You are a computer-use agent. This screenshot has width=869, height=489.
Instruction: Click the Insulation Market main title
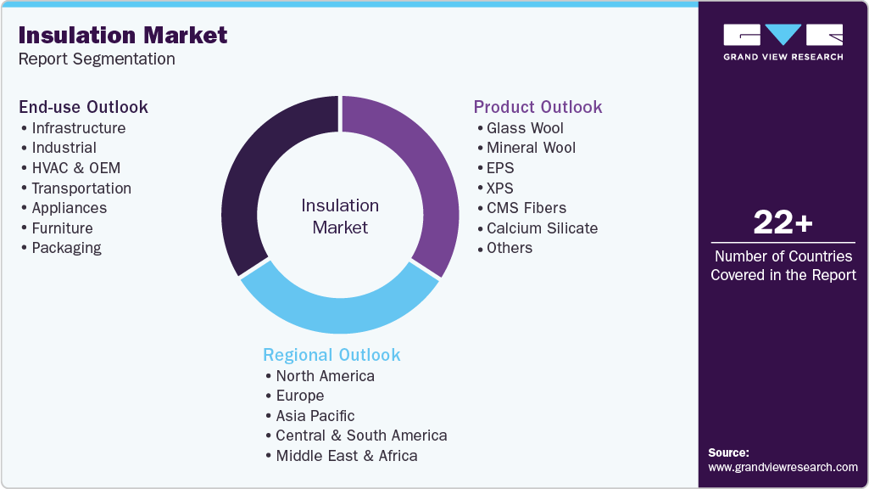coord(123,35)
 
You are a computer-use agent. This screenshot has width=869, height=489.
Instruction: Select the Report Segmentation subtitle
coord(97,59)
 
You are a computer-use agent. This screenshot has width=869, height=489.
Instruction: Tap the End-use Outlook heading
coord(84,107)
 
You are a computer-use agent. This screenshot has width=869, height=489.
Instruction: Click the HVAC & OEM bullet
coord(75,168)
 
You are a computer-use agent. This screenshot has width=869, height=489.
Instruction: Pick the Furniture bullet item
coord(62,228)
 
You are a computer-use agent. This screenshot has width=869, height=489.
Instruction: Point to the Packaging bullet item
coord(66,248)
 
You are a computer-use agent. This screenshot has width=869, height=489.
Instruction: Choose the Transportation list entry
coord(81,188)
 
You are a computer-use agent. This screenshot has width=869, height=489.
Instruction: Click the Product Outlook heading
coord(538,107)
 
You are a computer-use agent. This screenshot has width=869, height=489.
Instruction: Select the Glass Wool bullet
coord(525,128)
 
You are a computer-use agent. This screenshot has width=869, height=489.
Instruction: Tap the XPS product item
coord(499,188)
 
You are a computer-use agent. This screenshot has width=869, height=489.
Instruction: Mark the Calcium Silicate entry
coord(542,228)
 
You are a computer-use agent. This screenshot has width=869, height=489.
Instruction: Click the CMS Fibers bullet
coord(526,208)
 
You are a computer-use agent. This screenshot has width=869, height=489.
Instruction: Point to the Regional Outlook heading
coord(331,355)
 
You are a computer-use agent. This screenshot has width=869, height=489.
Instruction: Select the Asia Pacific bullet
coord(315,416)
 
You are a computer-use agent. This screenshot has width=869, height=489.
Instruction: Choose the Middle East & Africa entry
coord(346,456)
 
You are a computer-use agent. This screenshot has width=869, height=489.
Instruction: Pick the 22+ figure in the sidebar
coord(783,222)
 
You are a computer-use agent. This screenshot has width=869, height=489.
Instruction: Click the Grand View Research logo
coord(783,42)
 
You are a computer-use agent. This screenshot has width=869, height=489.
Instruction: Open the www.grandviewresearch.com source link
coord(783,467)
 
